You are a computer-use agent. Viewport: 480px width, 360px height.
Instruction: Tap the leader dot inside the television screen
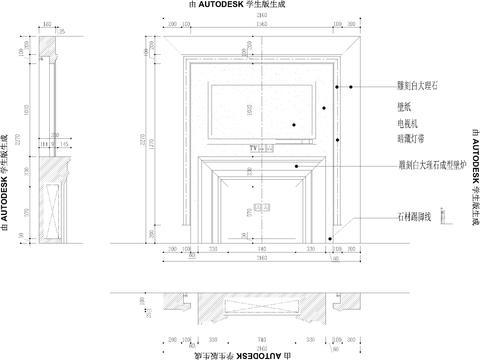(x=294, y=123)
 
